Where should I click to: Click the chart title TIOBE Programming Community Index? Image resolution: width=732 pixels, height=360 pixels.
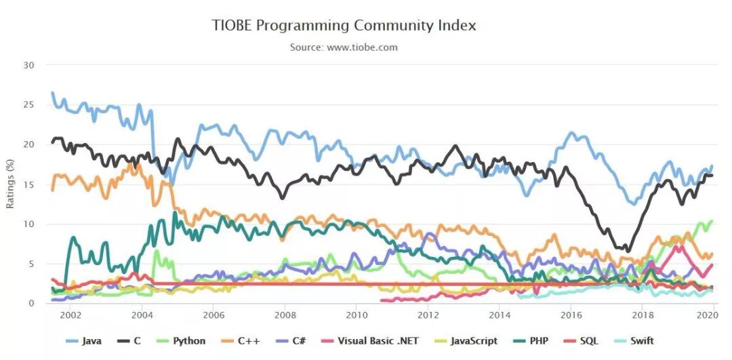point(344,26)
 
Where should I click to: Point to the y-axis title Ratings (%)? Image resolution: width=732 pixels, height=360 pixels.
point(10,184)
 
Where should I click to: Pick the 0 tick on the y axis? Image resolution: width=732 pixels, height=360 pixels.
point(32,303)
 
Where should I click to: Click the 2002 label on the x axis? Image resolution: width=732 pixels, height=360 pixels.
point(70,315)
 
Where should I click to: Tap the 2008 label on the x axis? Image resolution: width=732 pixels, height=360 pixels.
point(285,315)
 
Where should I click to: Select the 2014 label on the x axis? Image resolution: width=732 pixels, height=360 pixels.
point(500,315)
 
